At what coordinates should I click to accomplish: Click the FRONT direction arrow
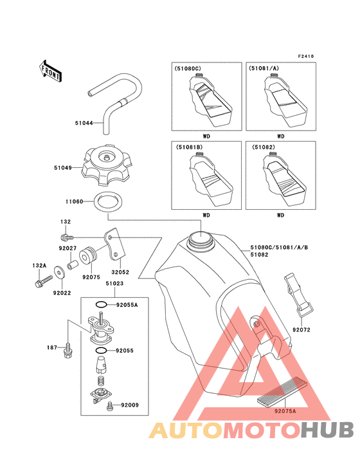50,71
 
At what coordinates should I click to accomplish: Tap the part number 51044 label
84,123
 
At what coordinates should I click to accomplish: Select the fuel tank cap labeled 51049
106,166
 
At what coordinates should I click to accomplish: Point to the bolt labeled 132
67,237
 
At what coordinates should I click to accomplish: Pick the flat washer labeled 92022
60,272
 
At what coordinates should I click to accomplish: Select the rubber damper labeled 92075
88,257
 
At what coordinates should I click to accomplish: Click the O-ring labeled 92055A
102,304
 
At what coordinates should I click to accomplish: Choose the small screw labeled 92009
110,406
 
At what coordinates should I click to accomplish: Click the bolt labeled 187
67,351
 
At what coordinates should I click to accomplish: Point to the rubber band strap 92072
298,295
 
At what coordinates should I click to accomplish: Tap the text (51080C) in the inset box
188,68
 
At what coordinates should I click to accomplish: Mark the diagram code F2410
306,56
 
